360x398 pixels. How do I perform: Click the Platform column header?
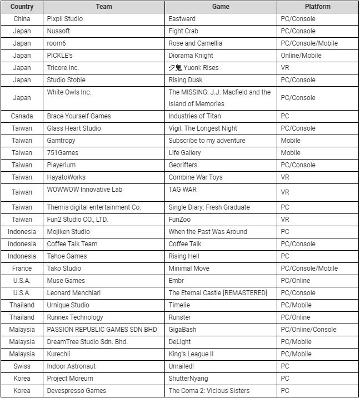click(317, 7)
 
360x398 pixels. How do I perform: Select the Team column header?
click(104, 7)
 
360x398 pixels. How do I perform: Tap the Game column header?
click(221, 7)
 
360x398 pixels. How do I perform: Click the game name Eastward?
click(182, 19)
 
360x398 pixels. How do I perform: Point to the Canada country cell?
click(22, 116)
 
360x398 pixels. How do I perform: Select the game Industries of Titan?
click(195, 116)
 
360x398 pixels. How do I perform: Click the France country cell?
click(22, 268)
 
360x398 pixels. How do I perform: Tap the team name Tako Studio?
click(64, 268)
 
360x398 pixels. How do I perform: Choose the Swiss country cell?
click(22, 366)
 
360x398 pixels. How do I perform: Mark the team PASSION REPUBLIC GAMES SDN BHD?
click(102, 330)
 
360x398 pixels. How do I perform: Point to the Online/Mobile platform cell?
click(300, 56)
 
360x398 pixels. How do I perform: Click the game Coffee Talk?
click(185, 244)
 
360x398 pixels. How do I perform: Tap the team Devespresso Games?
click(76, 391)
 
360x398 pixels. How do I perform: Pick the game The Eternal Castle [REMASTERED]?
click(218, 293)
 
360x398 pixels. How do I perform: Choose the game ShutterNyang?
click(187, 379)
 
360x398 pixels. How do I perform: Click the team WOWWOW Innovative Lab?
click(84, 190)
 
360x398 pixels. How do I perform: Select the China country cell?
click(22, 19)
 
